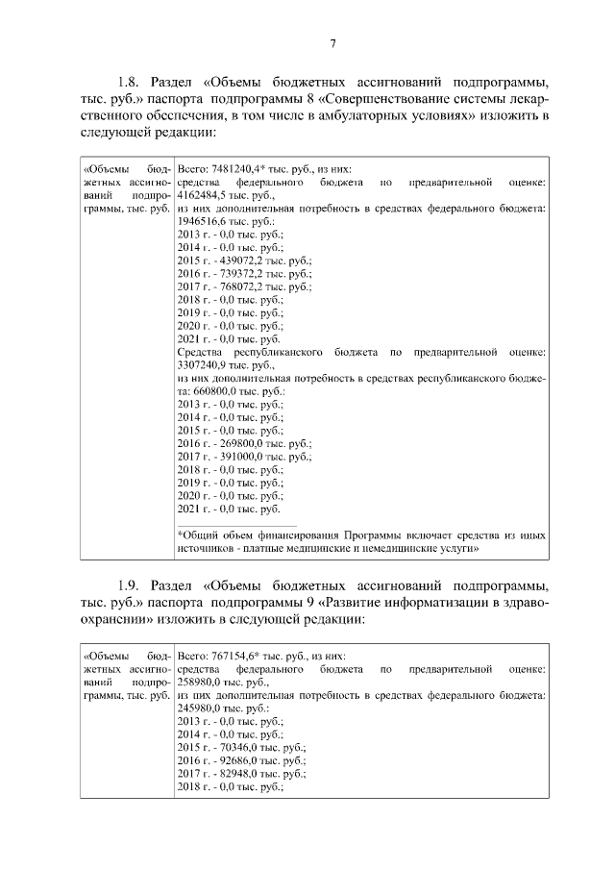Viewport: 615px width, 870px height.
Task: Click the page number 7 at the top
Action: coord(332,44)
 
